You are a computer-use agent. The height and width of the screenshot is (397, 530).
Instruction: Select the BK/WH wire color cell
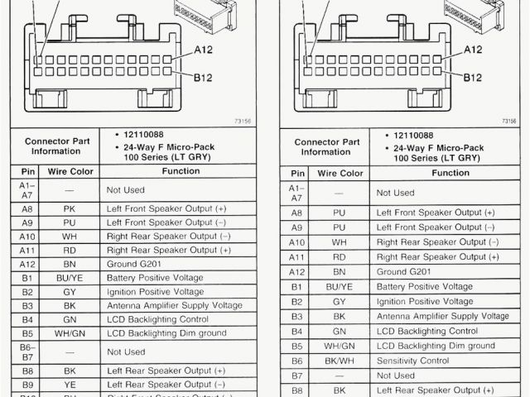[x=340, y=361]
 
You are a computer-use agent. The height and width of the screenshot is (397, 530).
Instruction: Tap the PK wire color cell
[x=69, y=210]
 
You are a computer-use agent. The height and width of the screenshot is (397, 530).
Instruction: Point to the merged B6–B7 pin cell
[x=27, y=351]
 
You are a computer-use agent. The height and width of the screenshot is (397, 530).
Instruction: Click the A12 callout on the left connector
[x=204, y=50]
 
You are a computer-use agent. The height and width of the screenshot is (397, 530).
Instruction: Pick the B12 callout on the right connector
[x=472, y=78]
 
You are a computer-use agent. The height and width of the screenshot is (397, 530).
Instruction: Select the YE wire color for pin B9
[x=69, y=385]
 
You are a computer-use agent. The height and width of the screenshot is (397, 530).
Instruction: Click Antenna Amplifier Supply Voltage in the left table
[x=173, y=305]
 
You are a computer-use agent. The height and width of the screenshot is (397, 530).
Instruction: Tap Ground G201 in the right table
[x=403, y=271]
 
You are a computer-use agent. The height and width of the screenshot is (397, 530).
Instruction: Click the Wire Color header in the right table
[x=340, y=173]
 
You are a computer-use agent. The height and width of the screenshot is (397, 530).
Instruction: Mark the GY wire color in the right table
[x=340, y=301]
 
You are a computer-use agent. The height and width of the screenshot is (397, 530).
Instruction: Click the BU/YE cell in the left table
[x=69, y=277]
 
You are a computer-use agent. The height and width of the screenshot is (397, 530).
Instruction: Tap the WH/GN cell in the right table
[x=340, y=346]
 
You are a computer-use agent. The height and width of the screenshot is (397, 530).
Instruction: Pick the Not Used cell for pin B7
[x=395, y=375]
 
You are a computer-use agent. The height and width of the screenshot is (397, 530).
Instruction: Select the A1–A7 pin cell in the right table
[x=296, y=192]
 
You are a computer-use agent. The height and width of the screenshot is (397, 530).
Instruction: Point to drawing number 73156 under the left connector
[x=243, y=121]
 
